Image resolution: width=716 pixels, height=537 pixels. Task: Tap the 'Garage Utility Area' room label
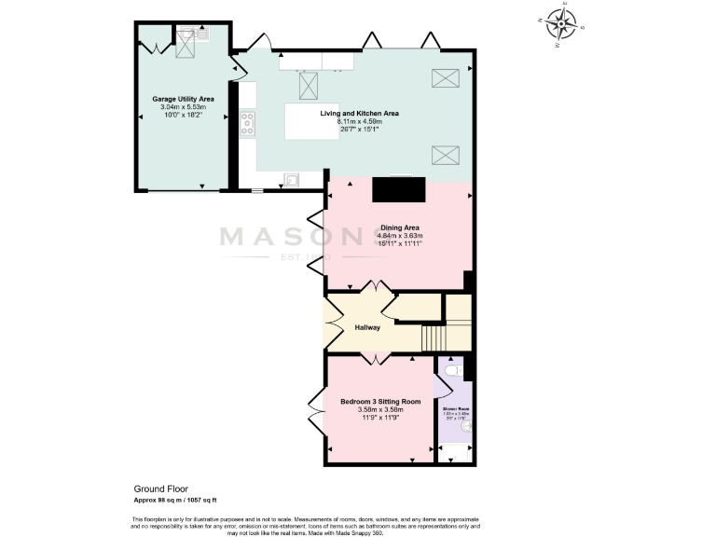tap(183, 98)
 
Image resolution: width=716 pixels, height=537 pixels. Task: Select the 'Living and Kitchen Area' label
tap(360, 113)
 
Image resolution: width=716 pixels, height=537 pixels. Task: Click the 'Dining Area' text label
tap(399, 227)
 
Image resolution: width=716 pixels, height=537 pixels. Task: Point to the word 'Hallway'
tap(367, 327)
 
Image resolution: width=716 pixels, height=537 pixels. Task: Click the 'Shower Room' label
tap(456, 407)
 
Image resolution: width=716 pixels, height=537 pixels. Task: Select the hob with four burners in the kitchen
tap(248, 123)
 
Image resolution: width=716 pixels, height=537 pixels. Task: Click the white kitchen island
tap(312, 121)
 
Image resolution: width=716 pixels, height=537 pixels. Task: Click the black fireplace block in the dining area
tap(400, 189)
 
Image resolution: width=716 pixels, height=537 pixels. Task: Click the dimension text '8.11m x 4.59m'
tap(360, 121)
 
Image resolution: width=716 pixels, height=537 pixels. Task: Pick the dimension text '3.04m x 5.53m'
tap(183, 106)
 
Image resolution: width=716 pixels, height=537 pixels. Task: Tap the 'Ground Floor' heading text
tap(159, 488)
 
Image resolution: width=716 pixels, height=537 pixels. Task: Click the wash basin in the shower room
tap(465, 427)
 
